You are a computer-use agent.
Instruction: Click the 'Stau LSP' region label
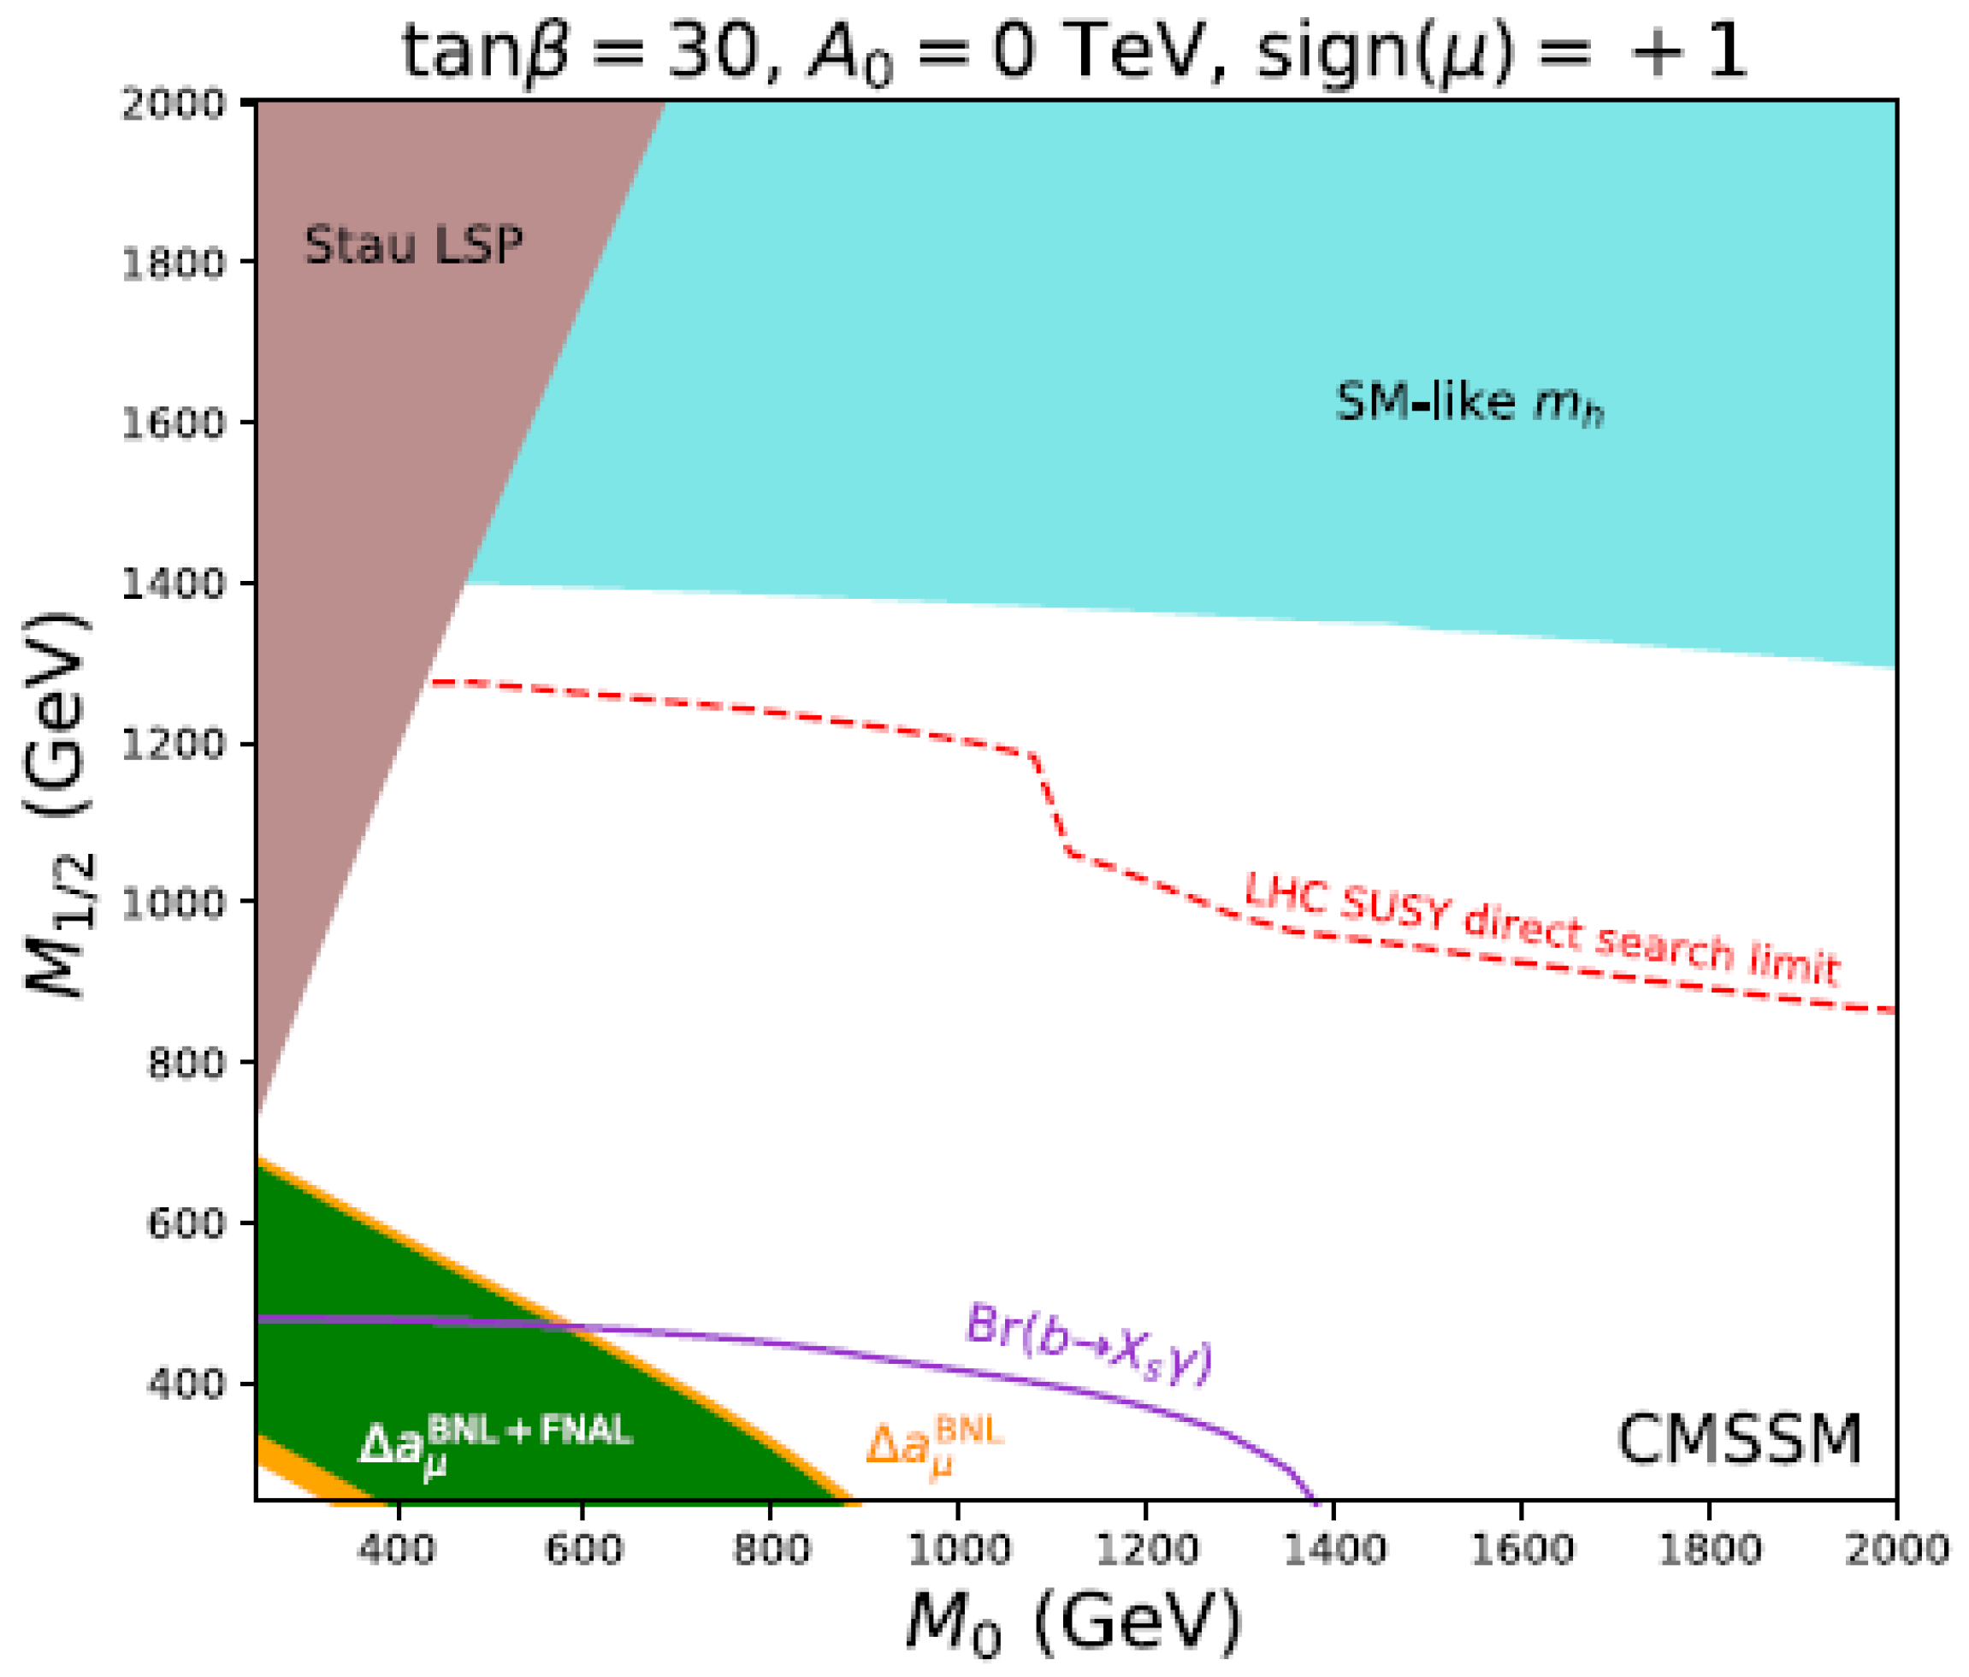[412, 246]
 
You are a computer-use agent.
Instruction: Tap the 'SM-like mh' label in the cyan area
[1469, 403]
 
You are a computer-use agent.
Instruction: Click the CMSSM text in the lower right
[1739, 1440]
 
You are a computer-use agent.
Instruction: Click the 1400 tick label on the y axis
[173, 583]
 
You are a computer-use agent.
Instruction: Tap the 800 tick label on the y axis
[186, 1063]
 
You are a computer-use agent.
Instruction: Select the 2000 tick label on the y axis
[173, 103]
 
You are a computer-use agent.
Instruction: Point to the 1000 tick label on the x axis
[958, 1550]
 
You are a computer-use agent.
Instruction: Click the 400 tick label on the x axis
[397, 1550]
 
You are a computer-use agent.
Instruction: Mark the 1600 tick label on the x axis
[1523, 1550]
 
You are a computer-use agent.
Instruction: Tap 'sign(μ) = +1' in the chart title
[1501, 52]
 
